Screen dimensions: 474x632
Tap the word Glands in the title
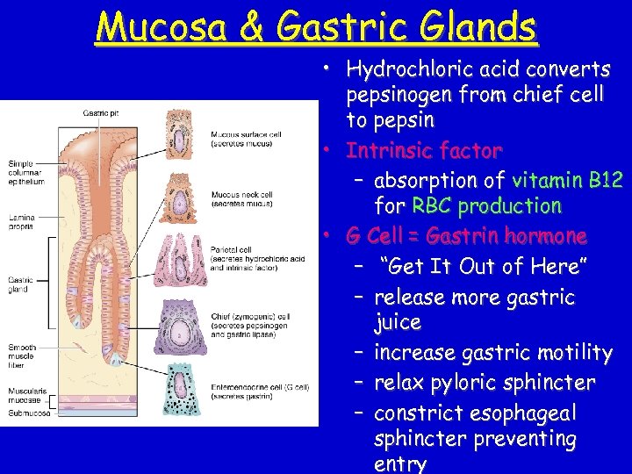pos(478,25)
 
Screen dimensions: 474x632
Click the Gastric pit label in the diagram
pos(101,111)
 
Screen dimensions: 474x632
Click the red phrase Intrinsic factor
pos(423,150)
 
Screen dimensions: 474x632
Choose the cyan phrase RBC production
pos(484,206)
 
